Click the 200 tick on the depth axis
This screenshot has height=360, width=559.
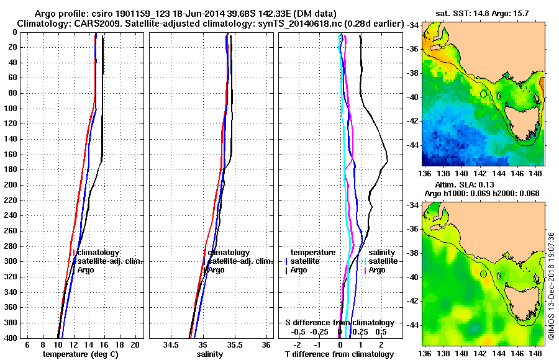[x=11, y=185]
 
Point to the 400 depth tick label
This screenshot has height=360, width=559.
[x=11, y=338]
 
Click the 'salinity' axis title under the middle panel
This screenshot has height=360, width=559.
[x=211, y=354]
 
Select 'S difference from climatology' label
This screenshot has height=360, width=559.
[x=340, y=323]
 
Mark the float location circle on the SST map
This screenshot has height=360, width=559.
[x=483, y=94]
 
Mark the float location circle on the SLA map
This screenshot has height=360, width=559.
[x=483, y=274]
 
